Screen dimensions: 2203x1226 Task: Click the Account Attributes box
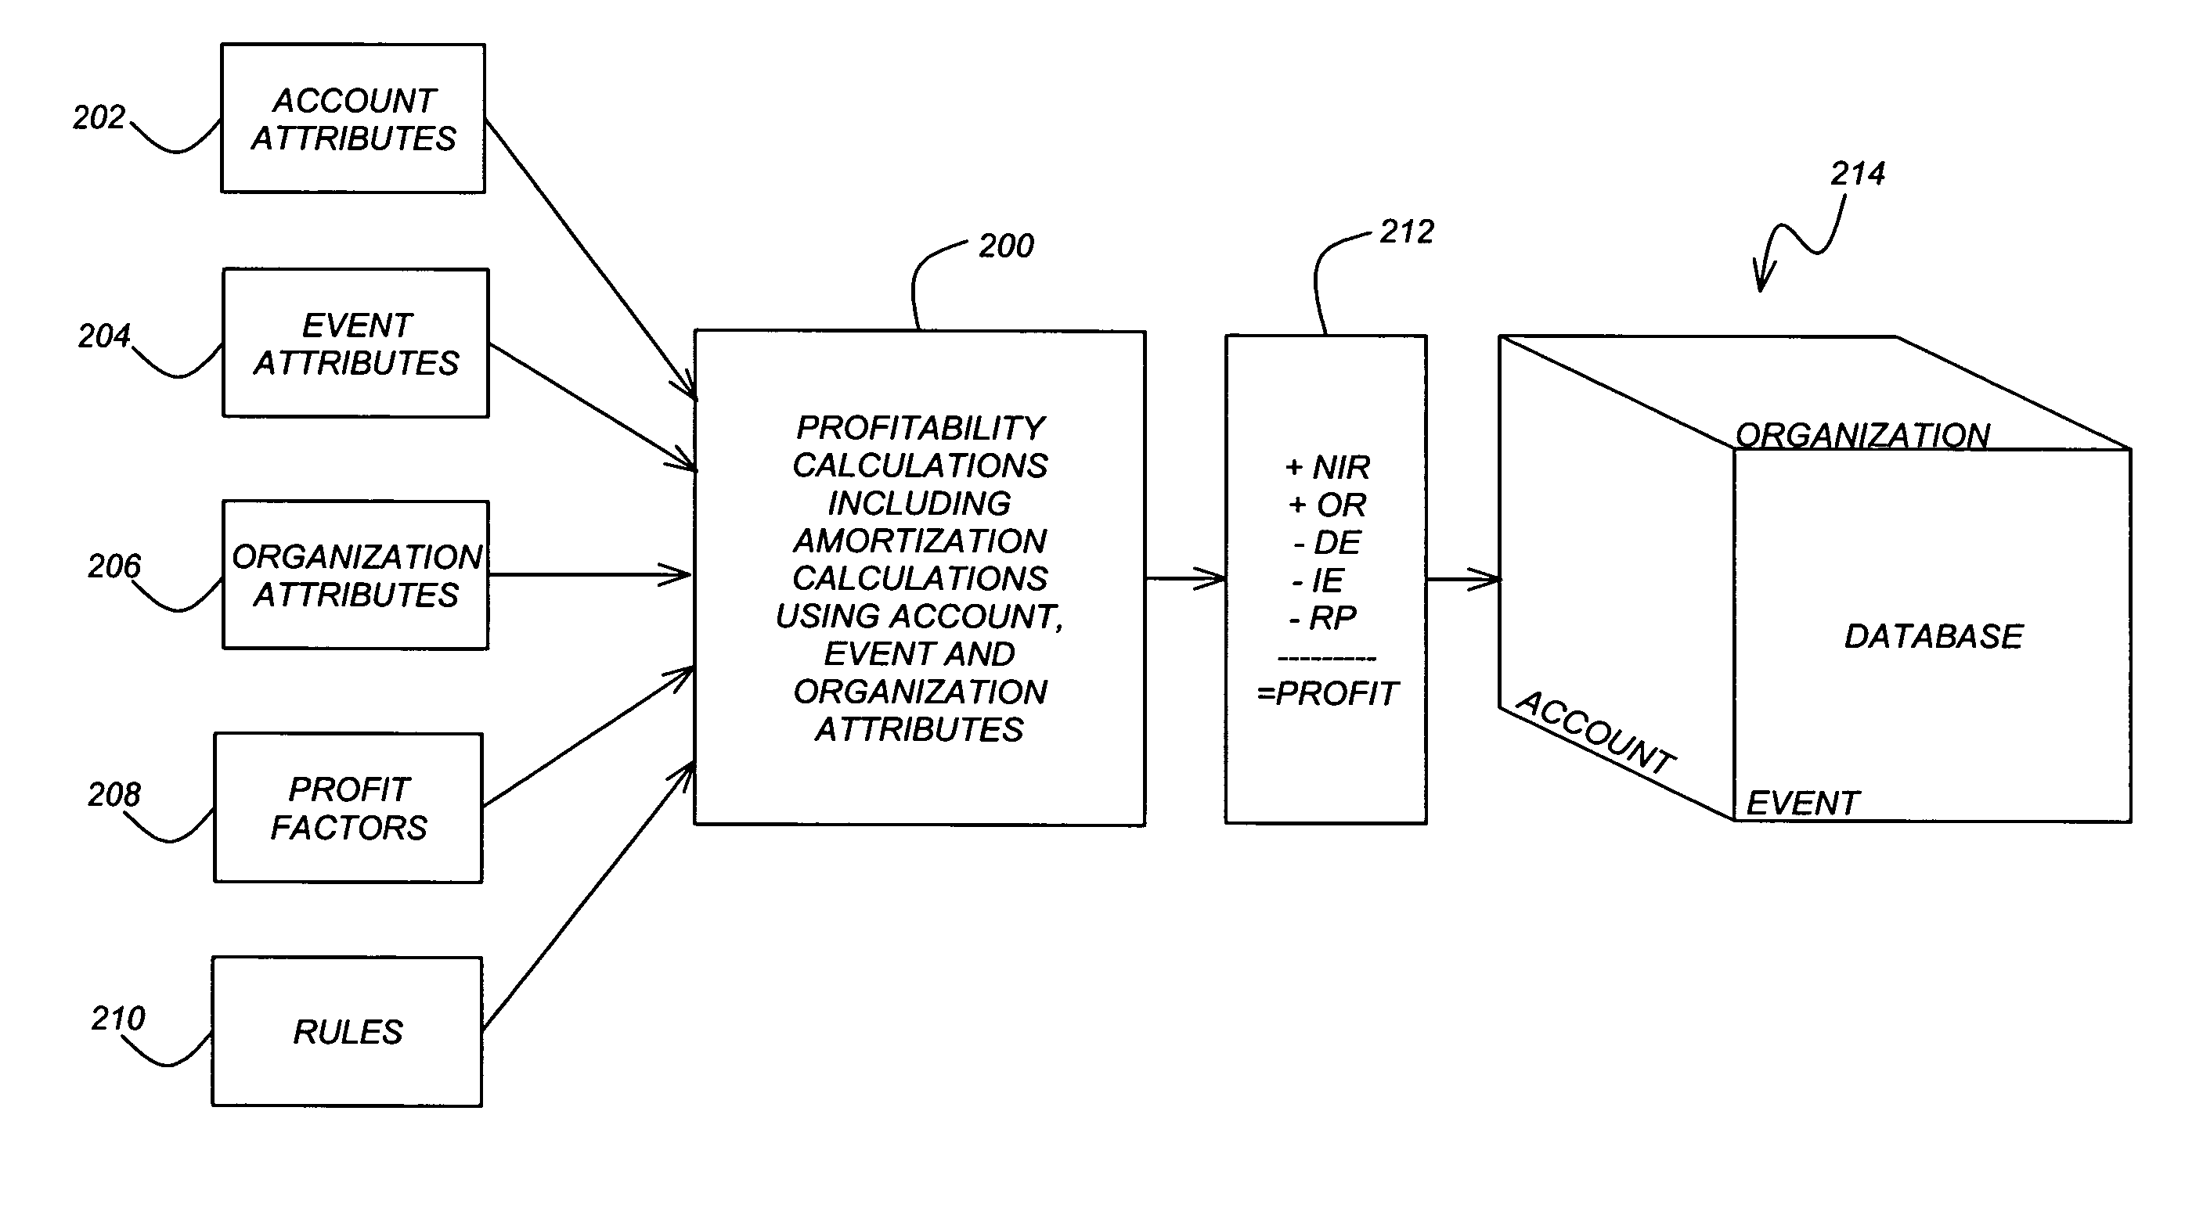point(353,118)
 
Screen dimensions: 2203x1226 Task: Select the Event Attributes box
point(355,343)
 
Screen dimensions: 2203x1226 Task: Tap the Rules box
point(348,1031)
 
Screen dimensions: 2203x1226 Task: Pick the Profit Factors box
point(349,808)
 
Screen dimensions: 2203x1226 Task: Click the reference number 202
point(99,117)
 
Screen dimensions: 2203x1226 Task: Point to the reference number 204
point(104,336)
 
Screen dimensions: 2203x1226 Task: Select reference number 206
point(114,566)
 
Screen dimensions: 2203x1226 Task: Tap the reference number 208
point(114,794)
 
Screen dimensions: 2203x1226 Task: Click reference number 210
point(118,1017)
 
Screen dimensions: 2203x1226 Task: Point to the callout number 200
point(1006,246)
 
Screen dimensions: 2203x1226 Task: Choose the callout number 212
point(1407,232)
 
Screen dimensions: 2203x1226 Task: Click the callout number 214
point(1858,174)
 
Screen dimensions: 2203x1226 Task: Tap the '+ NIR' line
point(1327,467)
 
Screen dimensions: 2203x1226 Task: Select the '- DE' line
point(1327,542)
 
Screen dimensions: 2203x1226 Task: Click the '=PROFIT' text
point(1327,693)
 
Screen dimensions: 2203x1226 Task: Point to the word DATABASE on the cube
point(1934,636)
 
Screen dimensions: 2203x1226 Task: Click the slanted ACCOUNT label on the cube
point(1595,732)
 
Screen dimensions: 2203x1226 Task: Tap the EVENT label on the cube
point(1802,803)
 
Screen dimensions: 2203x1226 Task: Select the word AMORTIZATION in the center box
point(920,541)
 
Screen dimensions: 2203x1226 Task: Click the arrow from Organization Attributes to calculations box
point(590,574)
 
